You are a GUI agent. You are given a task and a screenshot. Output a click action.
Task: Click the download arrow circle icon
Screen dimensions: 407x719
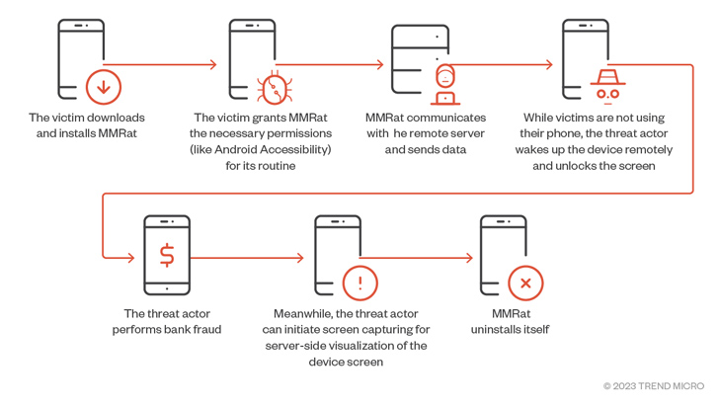pos(103,87)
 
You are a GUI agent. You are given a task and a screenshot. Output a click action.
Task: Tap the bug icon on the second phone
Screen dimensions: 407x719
pos(272,89)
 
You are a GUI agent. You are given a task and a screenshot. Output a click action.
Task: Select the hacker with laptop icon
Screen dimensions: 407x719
pos(445,85)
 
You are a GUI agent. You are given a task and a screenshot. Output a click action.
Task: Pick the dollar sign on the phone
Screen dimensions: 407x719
pos(167,255)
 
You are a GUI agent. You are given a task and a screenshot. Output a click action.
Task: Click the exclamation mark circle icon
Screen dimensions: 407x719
pos(359,284)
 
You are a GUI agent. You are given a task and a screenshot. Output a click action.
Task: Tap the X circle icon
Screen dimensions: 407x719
pos(525,284)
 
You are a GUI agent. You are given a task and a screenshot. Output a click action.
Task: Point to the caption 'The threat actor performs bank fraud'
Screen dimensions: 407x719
pos(166,321)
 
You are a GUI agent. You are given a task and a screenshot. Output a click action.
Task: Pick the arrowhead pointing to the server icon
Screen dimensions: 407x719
pos(379,65)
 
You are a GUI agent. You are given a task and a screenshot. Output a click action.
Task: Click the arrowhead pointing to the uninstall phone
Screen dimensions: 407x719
pos(469,259)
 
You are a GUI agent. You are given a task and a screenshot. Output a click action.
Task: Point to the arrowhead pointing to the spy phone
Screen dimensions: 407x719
pos(549,65)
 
